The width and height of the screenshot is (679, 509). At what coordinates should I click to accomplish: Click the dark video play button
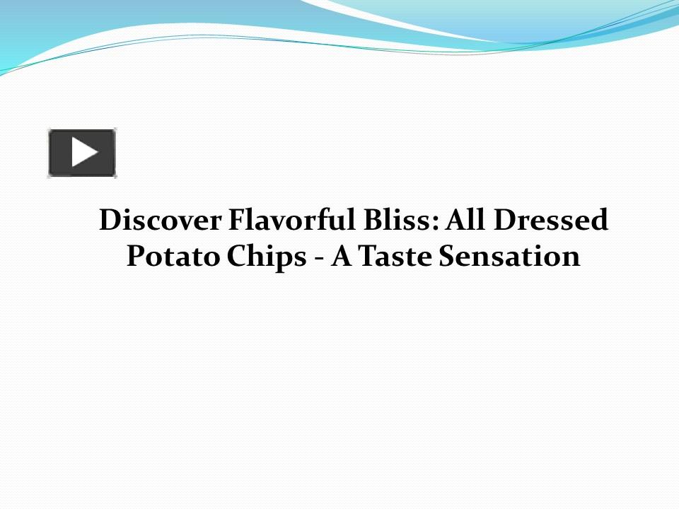[x=82, y=153]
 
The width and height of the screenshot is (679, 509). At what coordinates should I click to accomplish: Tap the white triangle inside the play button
[x=83, y=153]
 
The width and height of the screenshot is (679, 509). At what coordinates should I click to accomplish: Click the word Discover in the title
[x=159, y=221]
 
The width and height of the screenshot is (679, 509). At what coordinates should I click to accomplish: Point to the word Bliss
[x=389, y=221]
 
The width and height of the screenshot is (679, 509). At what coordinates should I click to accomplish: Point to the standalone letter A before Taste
[x=342, y=256]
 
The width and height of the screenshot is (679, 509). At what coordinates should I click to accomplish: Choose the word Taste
[x=395, y=256]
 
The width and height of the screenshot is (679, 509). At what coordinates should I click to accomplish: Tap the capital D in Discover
[x=108, y=221]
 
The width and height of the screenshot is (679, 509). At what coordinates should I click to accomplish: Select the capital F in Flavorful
[x=235, y=221]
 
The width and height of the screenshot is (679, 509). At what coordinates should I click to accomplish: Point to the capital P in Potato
[x=135, y=256]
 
